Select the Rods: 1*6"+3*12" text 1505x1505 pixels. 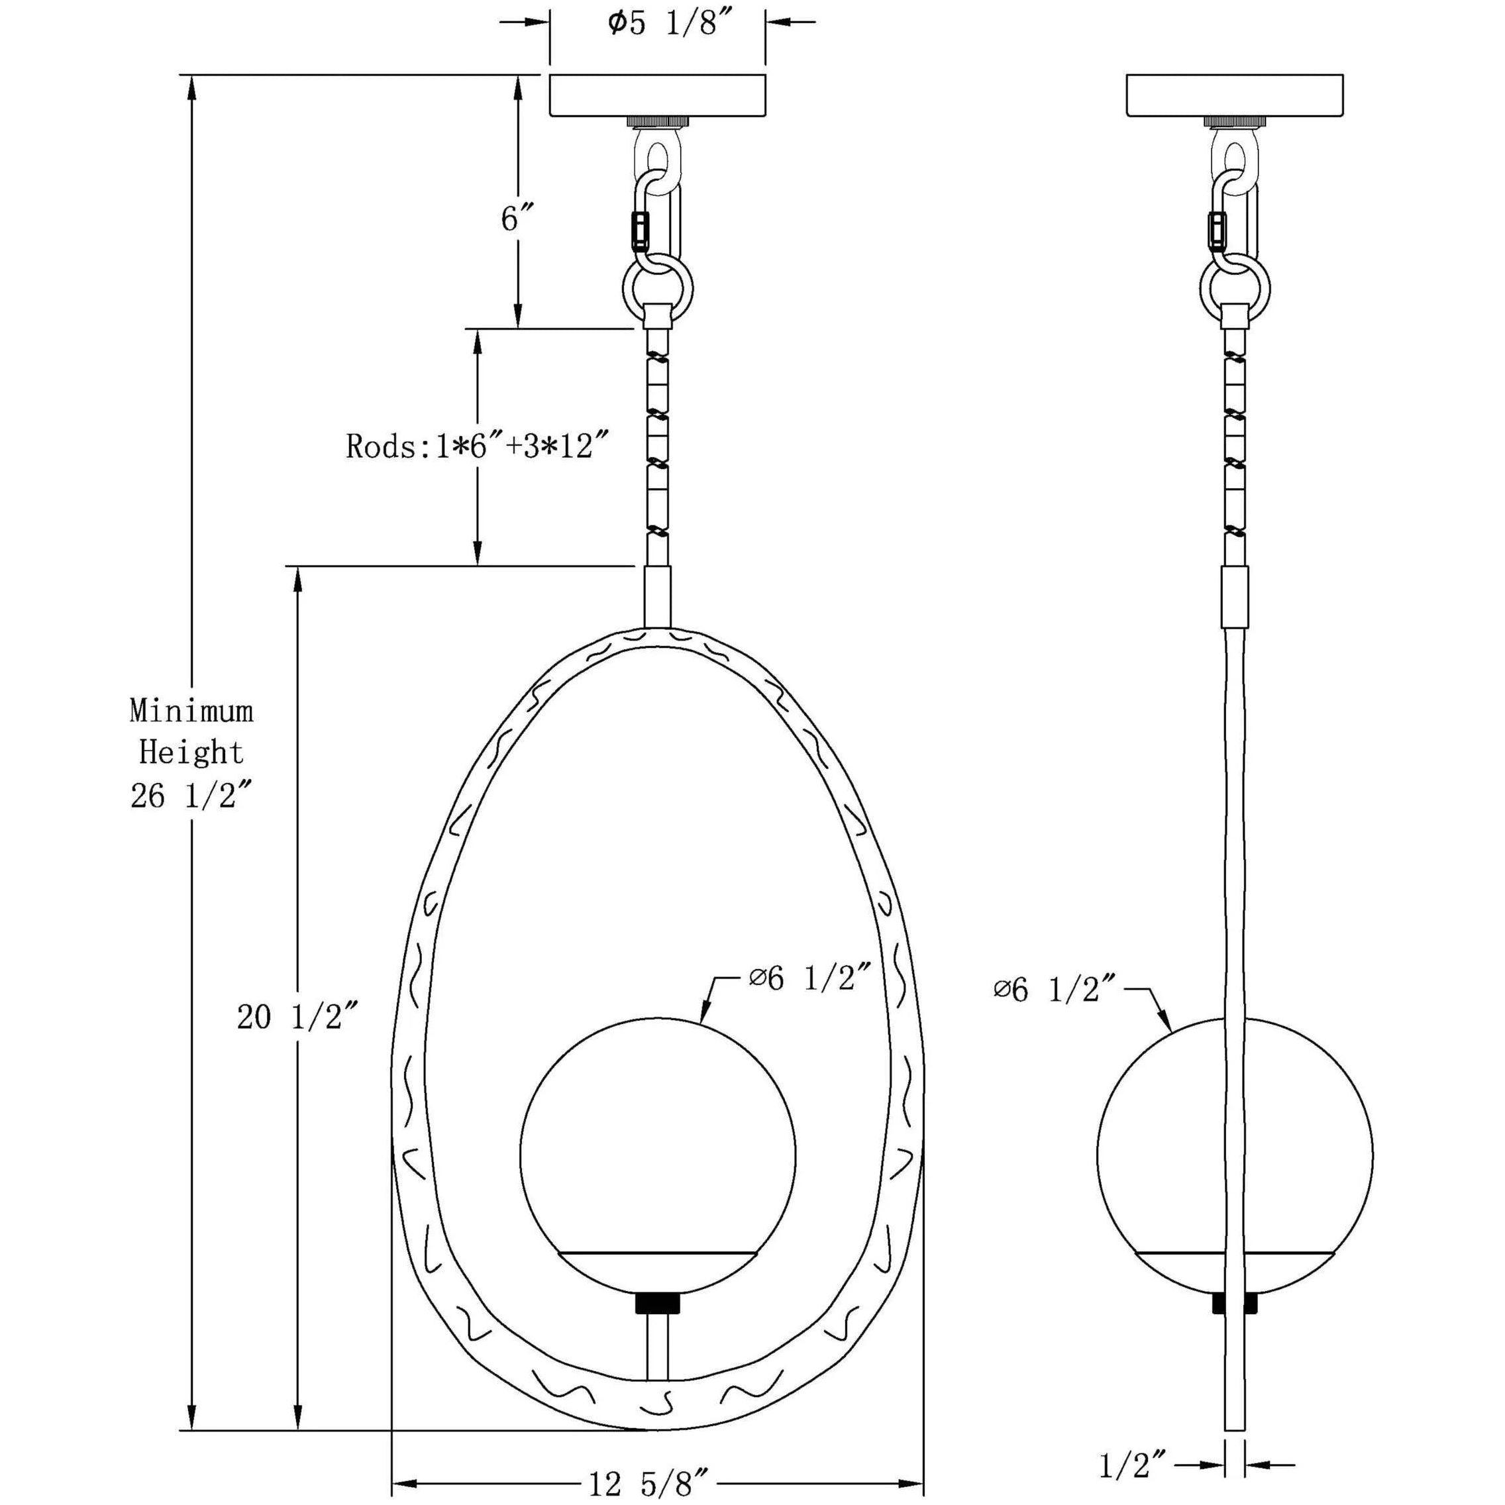476,447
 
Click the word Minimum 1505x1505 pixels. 191,710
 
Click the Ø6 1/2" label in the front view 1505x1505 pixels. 809,980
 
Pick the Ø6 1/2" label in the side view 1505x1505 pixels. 1055,990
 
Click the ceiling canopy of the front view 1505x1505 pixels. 658,95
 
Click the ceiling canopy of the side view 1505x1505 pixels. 1235,95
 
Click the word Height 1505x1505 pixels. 191,752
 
